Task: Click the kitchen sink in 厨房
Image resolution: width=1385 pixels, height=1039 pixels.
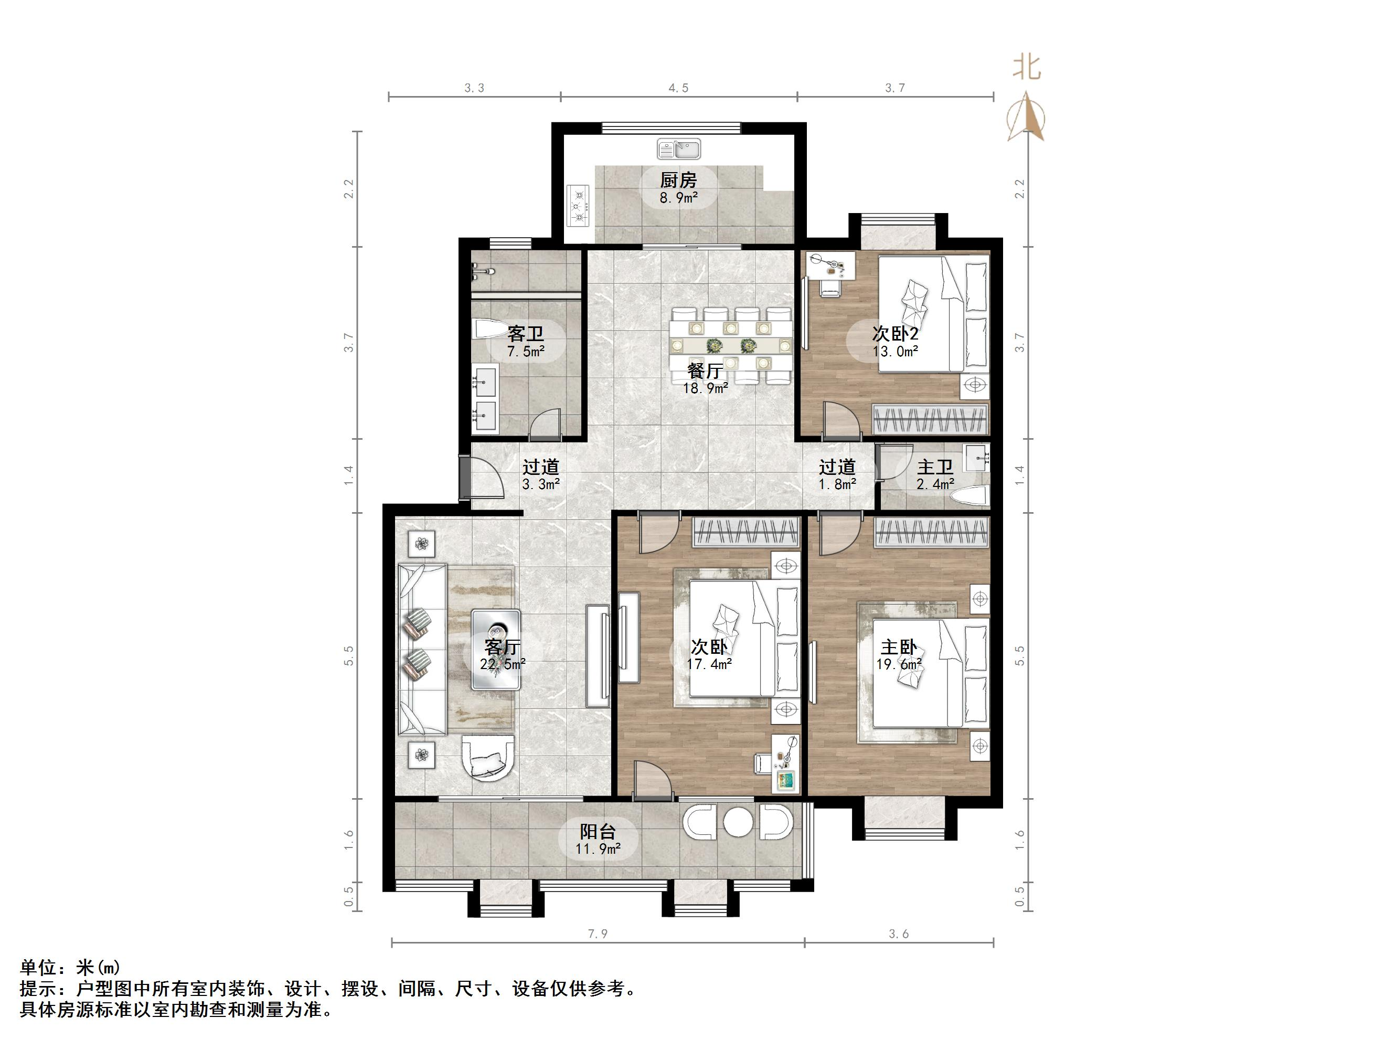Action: pyautogui.click(x=679, y=150)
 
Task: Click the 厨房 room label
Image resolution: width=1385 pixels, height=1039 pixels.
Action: pyautogui.click(x=678, y=181)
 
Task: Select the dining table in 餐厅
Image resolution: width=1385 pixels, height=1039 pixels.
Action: pyautogui.click(x=730, y=345)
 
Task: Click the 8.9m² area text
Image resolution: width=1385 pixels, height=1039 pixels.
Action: pyautogui.click(x=678, y=198)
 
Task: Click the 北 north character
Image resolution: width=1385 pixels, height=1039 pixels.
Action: pyautogui.click(x=1027, y=68)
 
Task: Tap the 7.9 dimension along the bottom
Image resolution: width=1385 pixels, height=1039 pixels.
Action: pyautogui.click(x=598, y=934)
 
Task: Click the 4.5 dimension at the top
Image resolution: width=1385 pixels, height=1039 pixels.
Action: pyautogui.click(x=678, y=88)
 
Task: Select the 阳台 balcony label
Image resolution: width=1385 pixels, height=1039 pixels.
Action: pyautogui.click(x=598, y=832)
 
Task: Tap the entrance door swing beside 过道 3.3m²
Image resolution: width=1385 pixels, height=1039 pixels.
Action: pyautogui.click(x=485, y=479)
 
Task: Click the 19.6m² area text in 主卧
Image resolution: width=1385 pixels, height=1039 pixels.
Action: pyautogui.click(x=899, y=664)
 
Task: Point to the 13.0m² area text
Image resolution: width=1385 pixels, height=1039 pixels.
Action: pyautogui.click(x=896, y=352)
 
